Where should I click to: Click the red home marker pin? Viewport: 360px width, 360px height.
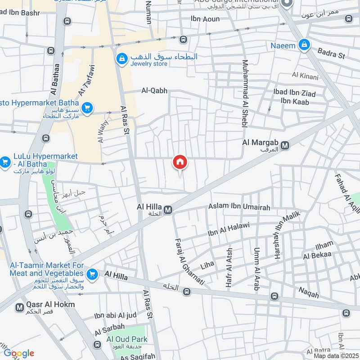[x=180, y=162]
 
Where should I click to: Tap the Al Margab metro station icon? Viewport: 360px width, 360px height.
[x=285, y=145]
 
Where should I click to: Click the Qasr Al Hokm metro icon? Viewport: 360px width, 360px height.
[x=19, y=308]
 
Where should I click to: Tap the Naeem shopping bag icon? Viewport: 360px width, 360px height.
[x=305, y=45]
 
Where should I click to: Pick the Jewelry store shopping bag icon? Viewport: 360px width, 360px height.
[x=121, y=58]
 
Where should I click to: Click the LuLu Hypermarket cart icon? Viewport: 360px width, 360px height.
[x=5, y=162]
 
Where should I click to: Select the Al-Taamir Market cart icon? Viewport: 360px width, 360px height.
[x=92, y=274]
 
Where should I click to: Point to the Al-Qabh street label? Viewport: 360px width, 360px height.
[x=154, y=91]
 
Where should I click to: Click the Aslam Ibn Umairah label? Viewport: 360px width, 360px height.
[x=239, y=207]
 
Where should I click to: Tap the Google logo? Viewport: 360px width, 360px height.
[x=19, y=353]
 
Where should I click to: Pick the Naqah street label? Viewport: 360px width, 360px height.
[x=308, y=295]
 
